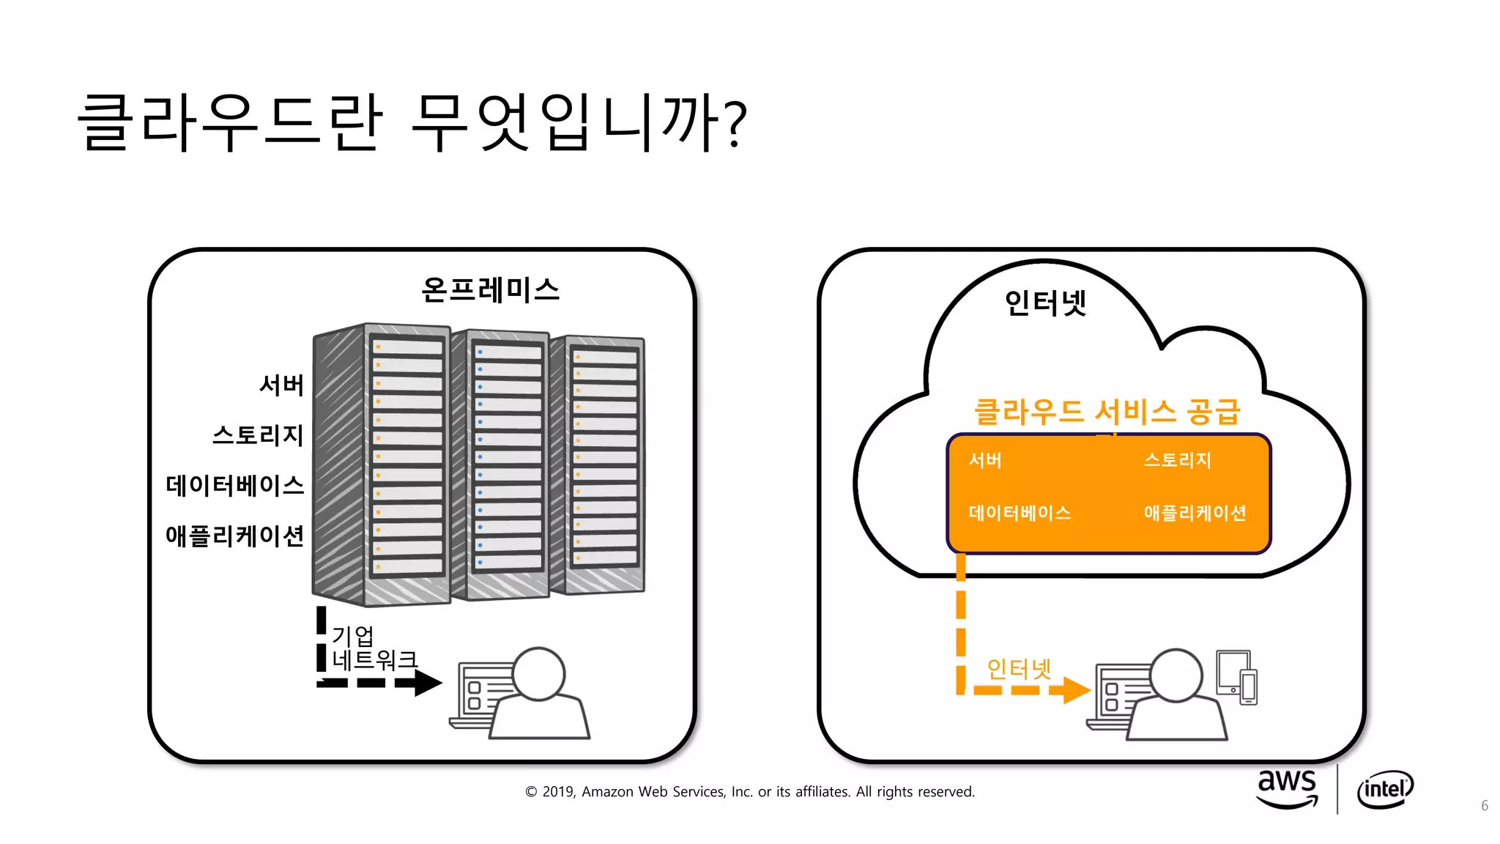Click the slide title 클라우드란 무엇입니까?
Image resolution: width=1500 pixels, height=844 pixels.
(x=412, y=122)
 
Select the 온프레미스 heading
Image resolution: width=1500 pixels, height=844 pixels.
(x=490, y=290)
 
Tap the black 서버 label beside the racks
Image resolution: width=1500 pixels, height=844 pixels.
(x=281, y=385)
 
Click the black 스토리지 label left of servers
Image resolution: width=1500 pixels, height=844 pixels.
(x=258, y=435)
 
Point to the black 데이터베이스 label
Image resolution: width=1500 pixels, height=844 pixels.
(x=234, y=485)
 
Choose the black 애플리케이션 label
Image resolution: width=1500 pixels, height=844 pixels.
(x=234, y=536)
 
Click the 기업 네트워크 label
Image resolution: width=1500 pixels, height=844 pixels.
(x=374, y=648)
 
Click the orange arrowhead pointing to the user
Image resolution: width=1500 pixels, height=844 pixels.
(x=1075, y=690)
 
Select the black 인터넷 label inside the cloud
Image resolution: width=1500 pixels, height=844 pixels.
(x=1045, y=303)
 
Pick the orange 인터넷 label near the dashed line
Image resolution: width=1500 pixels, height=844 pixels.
(x=1019, y=668)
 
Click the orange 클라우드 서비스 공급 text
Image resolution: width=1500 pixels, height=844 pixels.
(x=1107, y=412)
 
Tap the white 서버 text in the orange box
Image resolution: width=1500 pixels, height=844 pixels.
(x=985, y=460)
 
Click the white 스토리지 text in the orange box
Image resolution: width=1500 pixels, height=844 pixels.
(x=1178, y=460)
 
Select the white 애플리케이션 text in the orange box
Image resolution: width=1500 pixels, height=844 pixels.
(x=1195, y=513)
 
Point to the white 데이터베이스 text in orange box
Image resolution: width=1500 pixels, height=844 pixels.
(x=1020, y=513)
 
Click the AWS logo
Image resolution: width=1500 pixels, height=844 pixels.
(x=1287, y=788)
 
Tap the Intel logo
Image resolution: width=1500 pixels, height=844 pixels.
(x=1384, y=789)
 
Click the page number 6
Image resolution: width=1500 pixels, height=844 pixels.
(x=1484, y=806)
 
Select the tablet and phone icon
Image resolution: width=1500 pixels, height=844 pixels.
(x=1236, y=677)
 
